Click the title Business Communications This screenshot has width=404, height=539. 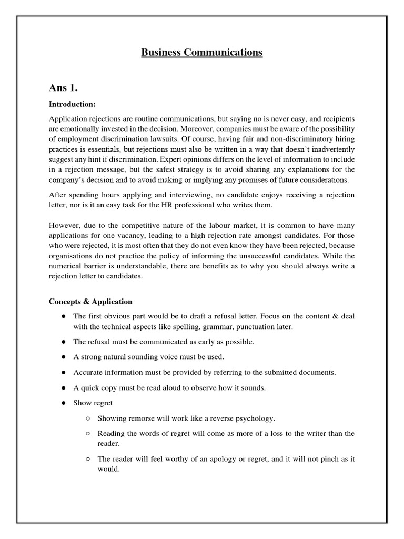coord(201,52)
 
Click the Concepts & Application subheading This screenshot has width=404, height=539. coord(90,302)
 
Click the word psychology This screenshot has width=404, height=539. coord(255,418)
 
